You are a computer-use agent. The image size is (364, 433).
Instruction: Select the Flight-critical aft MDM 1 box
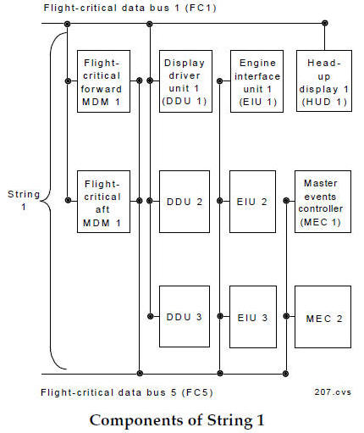click(x=103, y=202)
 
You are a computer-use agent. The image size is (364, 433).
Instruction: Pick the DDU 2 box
click(x=185, y=202)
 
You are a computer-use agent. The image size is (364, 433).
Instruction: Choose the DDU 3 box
click(x=185, y=316)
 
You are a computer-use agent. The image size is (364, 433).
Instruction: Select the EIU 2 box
click(x=256, y=202)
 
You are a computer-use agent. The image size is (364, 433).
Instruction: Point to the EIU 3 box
click(x=256, y=316)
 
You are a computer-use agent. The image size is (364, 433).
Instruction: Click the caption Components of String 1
click(x=181, y=420)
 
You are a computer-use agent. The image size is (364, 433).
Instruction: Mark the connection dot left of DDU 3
click(x=150, y=316)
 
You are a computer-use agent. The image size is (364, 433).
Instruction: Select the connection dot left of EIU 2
click(x=220, y=202)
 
